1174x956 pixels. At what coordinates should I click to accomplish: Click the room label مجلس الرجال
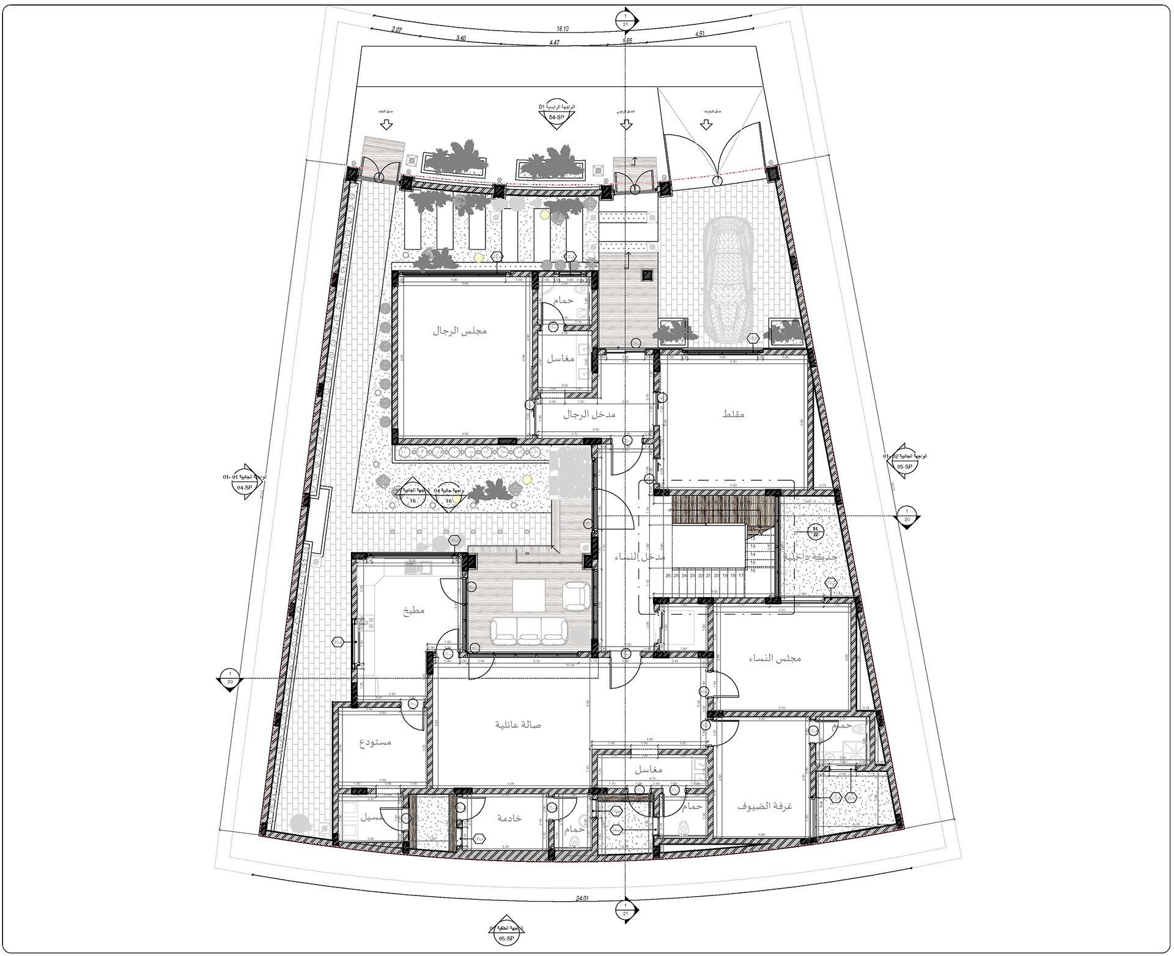click(x=460, y=331)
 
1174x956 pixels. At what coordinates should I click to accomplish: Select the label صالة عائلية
click(x=518, y=725)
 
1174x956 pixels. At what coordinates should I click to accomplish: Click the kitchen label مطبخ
click(x=413, y=610)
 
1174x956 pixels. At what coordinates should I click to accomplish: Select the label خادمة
click(x=509, y=818)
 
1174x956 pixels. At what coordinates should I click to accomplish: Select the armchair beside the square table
click(x=576, y=595)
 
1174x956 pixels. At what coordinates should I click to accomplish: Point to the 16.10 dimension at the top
click(x=563, y=28)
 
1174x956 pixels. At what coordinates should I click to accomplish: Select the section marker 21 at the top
click(x=626, y=18)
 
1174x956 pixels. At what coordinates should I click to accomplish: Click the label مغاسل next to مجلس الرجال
click(x=560, y=358)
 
